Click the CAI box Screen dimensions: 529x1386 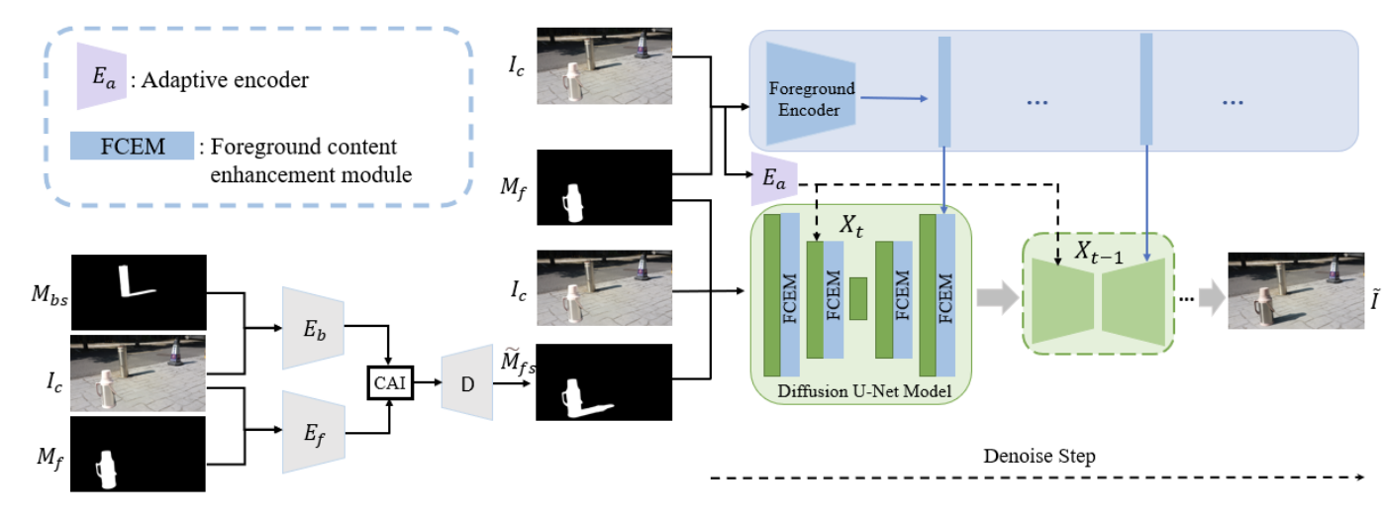click(389, 381)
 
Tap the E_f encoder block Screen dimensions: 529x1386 click(312, 430)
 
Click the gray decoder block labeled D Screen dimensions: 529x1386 click(467, 382)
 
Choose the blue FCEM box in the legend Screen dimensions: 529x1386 click(132, 148)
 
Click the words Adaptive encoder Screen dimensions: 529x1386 click(225, 81)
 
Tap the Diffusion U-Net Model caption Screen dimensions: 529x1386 click(865, 393)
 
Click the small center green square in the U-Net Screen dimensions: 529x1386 click(858, 298)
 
